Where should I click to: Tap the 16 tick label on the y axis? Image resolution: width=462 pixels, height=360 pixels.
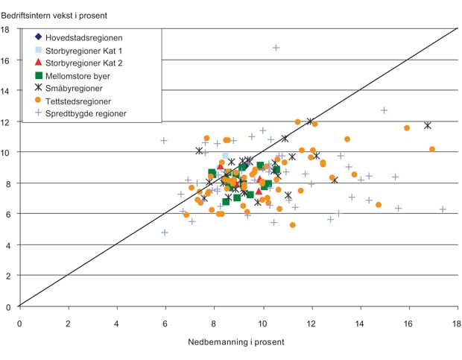(x=5, y=60)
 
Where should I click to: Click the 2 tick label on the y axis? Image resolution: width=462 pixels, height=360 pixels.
(x=7, y=276)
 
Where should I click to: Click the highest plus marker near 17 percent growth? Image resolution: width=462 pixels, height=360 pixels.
(x=276, y=48)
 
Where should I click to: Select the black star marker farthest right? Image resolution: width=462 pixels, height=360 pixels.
(x=428, y=125)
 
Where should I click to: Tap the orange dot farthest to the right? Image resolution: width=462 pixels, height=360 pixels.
(x=432, y=149)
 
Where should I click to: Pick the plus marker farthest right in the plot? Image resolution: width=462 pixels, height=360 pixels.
(x=443, y=209)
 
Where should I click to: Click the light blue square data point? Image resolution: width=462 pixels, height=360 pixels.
(x=225, y=156)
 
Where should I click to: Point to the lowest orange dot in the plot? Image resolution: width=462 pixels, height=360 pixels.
(x=293, y=224)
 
